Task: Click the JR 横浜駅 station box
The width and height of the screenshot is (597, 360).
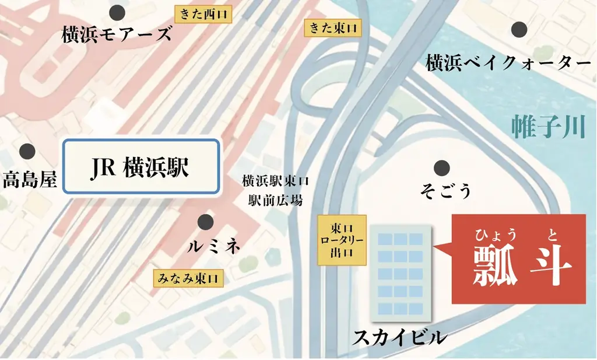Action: click(141, 166)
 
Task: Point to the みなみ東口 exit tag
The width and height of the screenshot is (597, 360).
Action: click(188, 278)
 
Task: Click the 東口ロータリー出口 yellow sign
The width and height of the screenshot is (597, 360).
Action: click(342, 240)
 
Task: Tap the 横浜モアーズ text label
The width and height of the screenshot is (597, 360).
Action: click(117, 34)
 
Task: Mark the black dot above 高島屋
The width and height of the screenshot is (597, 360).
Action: click(27, 152)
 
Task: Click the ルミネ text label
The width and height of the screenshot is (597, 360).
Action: click(214, 247)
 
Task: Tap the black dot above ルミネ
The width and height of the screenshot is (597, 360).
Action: click(205, 222)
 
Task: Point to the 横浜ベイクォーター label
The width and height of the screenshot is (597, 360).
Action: click(505, 62)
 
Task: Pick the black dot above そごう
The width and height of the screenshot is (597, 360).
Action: click(442, 167)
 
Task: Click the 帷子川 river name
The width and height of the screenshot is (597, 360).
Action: click(547, 127)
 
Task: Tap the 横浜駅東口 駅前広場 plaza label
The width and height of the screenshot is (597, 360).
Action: click(276, 191)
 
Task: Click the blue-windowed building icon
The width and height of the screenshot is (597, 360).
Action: click(400, 272)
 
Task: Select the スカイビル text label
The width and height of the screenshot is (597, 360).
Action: click(399, 337)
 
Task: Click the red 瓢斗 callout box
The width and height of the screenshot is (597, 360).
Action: click(519, 260)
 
